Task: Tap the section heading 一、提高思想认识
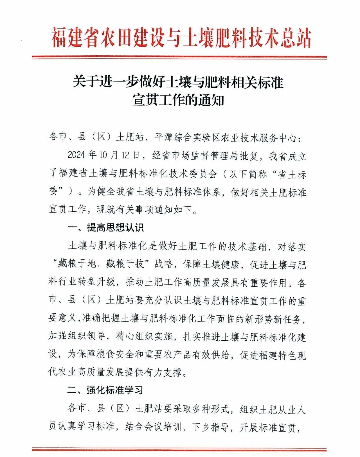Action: click(106, 227)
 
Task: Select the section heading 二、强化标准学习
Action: click(105, 390)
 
